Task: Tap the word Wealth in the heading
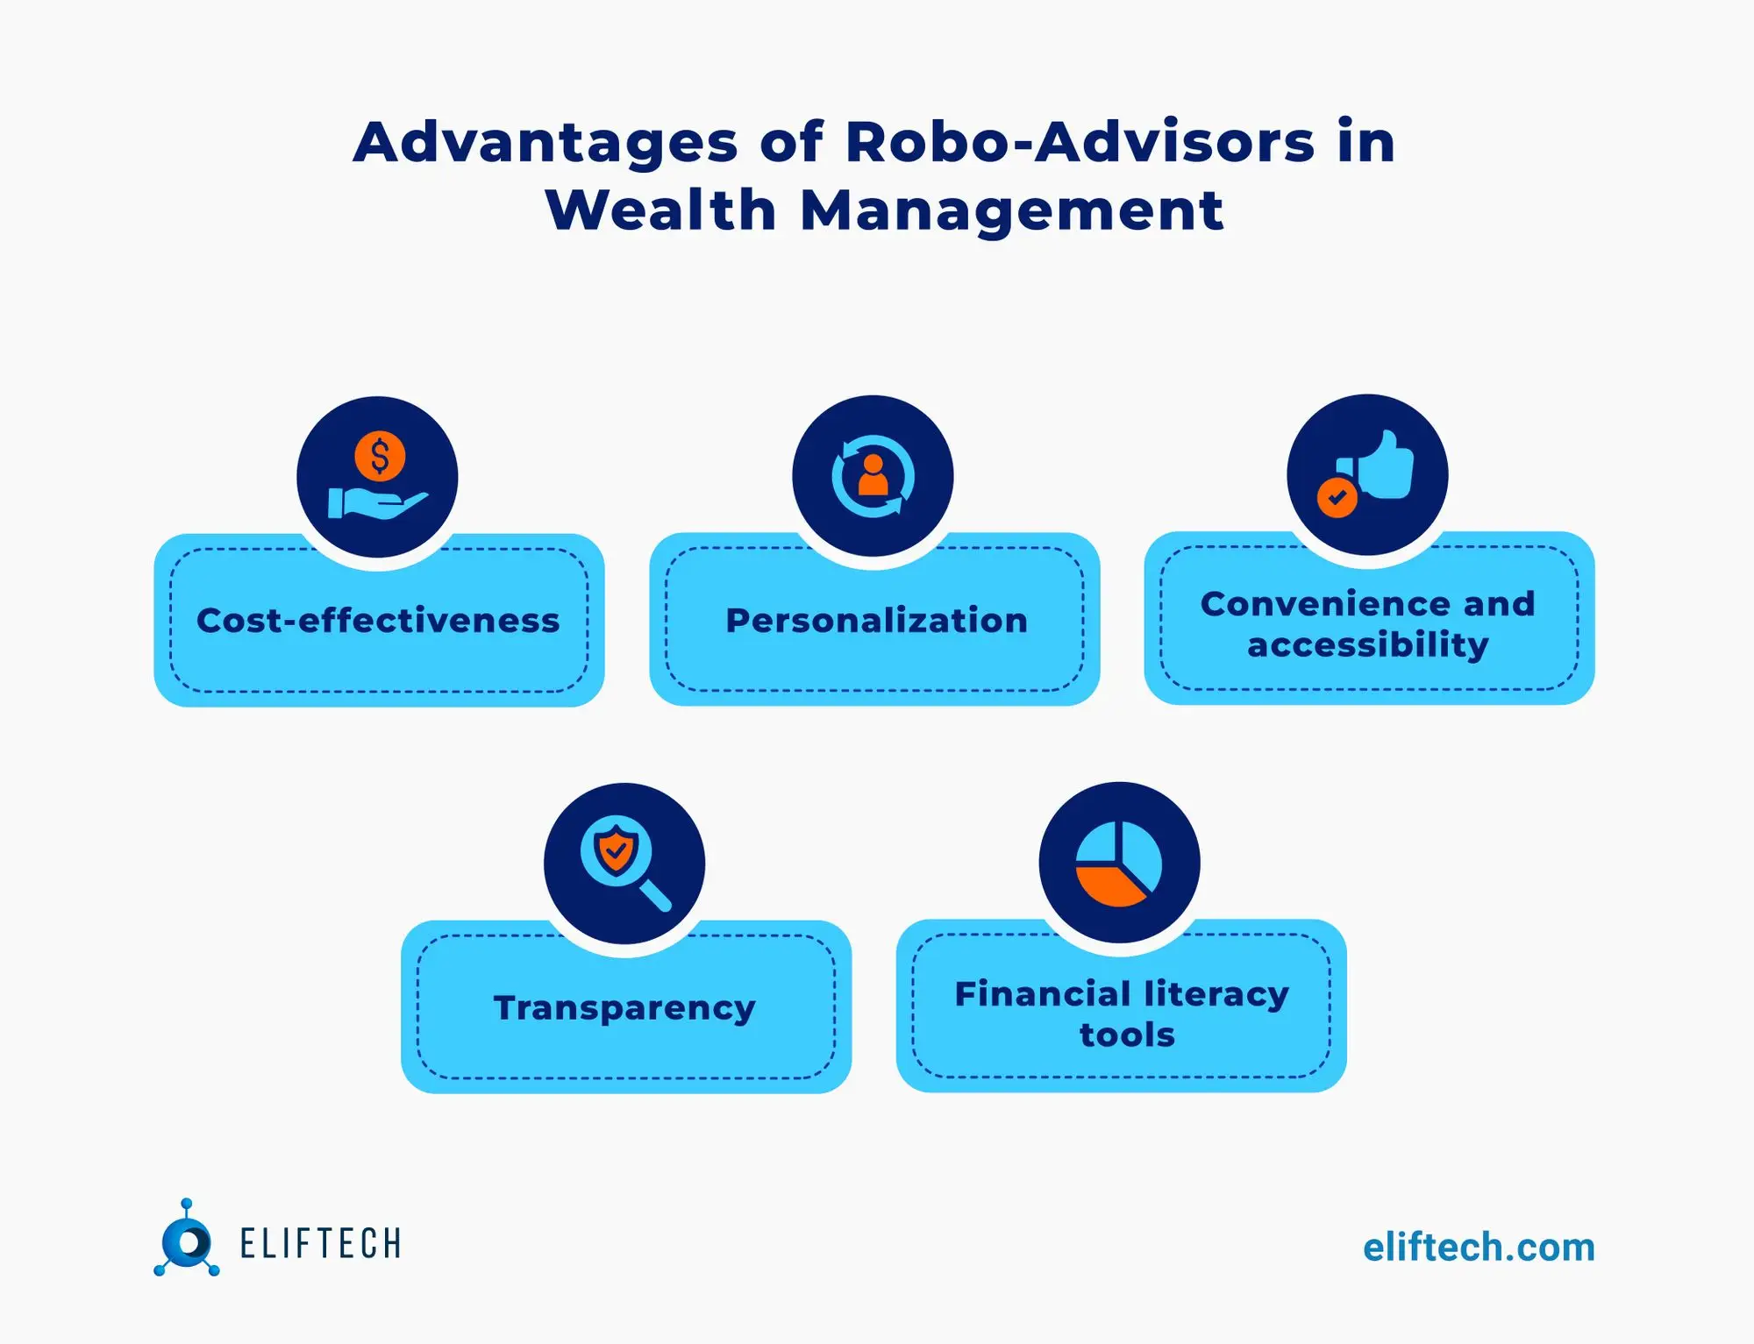click(660, 211)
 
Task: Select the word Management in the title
click(1011, 211)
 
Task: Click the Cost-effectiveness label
click(378, 621)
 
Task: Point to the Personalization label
click(876, 621)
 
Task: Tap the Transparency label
click(624, 1008)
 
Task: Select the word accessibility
click(1368, 645)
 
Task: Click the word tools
click(1127, 1035)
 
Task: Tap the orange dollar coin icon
click(380, 456)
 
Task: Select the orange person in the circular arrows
click(873, 476)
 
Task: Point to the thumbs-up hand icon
click(1384, 466)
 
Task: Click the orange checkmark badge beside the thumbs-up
click(1337, 498)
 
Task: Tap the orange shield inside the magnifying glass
click(616, 850)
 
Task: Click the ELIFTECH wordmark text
click(321, 1244)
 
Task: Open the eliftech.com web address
click(1479, 1248)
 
